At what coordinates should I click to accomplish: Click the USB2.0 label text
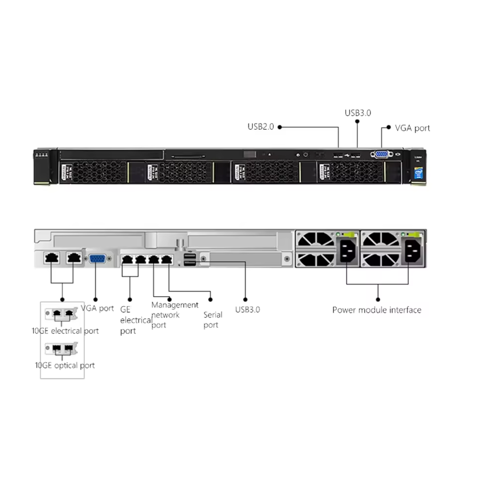click(261, 127)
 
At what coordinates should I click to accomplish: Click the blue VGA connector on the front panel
click(381, 154)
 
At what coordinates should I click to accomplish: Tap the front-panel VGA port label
click(412, 128)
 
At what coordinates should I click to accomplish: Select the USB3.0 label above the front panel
click(358, 113)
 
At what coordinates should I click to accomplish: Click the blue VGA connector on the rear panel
click(97, 259)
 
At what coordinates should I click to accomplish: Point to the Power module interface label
click(377, 310)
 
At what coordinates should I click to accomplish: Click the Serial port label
click(213, 319)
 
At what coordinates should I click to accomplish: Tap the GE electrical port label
click(136, 320)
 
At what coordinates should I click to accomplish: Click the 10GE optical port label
click(65, 365)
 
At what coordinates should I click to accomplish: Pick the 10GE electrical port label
click(65, 331)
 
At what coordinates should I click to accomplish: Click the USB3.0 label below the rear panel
click(247, 310)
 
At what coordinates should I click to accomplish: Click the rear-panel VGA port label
click(97, 309)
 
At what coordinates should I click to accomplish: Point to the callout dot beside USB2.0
click(280, 127)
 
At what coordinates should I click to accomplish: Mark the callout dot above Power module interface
click(378, 300)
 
